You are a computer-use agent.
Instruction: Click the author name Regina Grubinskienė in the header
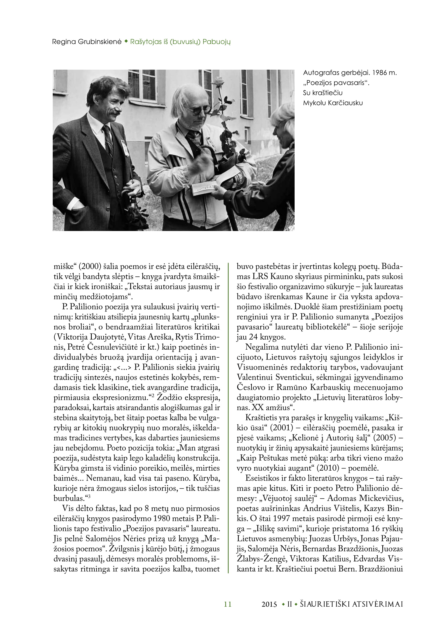pyautogui.click(x=87, y=42)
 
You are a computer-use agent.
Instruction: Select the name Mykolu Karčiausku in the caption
pyautogui.click(x=333, y=103)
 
